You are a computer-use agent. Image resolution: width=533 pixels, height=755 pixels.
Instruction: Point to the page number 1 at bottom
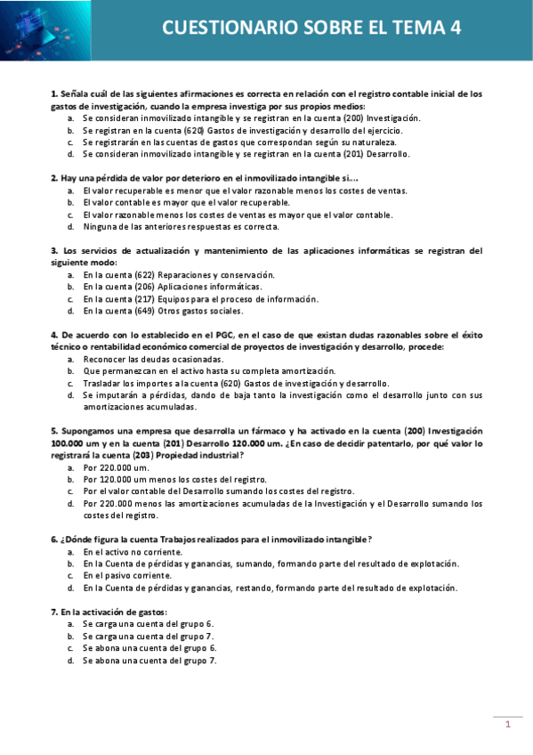click(507, 725)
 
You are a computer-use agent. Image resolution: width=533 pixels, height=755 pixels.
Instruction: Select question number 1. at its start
click(54, 93)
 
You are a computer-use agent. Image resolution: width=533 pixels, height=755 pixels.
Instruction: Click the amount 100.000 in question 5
click(69, 442)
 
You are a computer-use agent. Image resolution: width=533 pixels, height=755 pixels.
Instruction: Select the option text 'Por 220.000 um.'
click(116, 467)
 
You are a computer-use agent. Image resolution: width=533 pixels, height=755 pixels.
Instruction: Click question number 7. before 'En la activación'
click(54, 613)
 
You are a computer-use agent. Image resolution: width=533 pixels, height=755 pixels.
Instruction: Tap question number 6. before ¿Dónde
click(54, 539)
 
